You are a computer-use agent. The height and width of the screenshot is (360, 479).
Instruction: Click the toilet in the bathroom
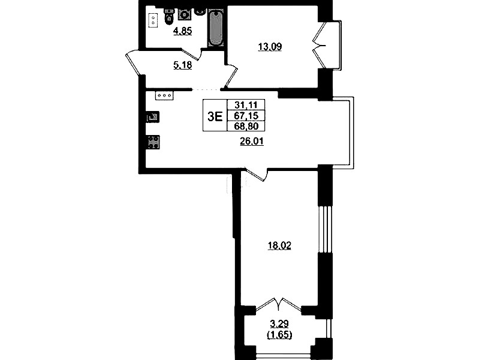(x=169, y=16)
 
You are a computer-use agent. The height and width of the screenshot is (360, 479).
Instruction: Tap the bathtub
(x=216, y=28)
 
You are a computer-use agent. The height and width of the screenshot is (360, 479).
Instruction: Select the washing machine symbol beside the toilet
(x=185, y=14)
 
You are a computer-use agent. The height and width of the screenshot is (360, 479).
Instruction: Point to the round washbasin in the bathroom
(x=200, y=11)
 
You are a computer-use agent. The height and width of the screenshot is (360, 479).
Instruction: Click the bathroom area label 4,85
(x=183, y=31)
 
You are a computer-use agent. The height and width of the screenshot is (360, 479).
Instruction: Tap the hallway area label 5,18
(x=183, y=65)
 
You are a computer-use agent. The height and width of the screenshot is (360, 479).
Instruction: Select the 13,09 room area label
(x=270, y=47)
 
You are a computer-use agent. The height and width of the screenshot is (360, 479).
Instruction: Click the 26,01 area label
(x=252, y=142)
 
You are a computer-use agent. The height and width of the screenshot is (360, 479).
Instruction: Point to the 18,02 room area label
(x=279, y=245)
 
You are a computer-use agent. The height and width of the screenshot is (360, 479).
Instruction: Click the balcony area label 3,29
(x=279, y=323)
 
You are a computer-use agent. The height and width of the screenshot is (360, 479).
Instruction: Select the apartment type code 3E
(x=215, y=116)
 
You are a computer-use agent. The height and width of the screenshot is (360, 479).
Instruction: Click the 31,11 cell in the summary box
(x=246, y=105)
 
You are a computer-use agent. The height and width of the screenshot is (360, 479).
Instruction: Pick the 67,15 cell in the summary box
(x=246, y=116)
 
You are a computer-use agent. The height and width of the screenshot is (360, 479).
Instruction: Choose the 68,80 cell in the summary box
(x=246, y=126)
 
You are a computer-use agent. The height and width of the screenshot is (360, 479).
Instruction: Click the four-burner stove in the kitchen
(x=153, y=142)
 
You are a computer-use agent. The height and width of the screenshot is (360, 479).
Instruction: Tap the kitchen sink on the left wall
(x=153, y=117)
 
